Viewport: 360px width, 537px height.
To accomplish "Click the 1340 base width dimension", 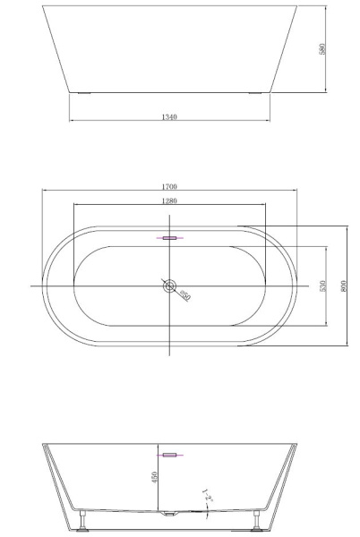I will pos(169,117).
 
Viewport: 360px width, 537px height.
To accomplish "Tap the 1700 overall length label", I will pos(169,187).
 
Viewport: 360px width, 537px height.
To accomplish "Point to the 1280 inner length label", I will pos(169,200).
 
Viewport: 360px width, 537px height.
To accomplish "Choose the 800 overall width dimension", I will pos(344,286).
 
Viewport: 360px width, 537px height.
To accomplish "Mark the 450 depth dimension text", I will pos(154,478).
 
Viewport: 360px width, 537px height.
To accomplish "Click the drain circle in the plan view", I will pos(168,286).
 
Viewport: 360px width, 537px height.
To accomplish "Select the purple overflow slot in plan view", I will pos(168,239).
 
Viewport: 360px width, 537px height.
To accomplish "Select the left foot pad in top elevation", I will pos(83,91).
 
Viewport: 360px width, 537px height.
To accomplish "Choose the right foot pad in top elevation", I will pos(255,91).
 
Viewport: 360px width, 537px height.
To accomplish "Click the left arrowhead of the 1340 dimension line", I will pos(70,123).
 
